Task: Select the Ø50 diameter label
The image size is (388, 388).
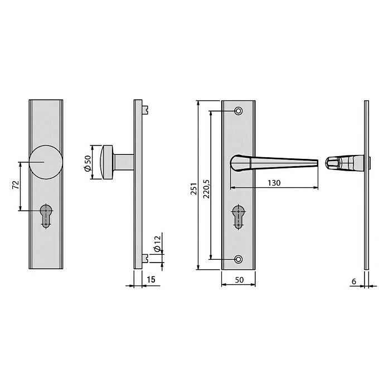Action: coord(88,162)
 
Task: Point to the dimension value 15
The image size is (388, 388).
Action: coord(151,280)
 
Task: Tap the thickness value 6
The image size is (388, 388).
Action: coord(354,281)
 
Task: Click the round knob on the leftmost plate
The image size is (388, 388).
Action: coord(46,162)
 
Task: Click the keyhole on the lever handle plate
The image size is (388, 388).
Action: coord(238,216)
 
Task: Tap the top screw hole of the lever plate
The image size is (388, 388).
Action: coord(239,111)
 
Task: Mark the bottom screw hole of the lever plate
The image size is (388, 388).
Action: coord(239,259)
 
